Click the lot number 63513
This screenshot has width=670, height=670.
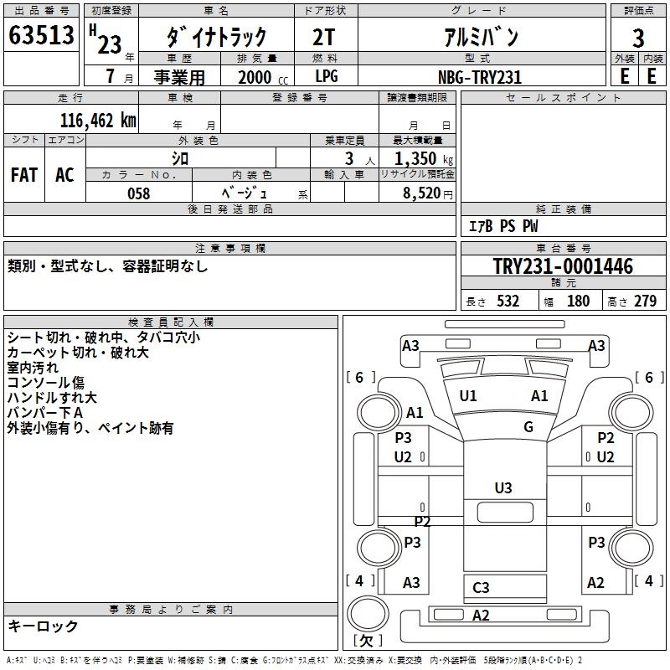(41, 36)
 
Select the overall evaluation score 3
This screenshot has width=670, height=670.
(638, 38)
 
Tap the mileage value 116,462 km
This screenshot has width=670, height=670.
(98, 120)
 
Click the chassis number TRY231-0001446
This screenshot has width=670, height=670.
(563, 266)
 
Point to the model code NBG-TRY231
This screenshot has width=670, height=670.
(481, 77)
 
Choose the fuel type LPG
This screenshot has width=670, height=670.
(327, 77)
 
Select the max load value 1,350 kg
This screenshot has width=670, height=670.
(417, 157)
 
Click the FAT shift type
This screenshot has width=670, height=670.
(23, 174)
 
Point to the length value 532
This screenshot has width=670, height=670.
(507, 301)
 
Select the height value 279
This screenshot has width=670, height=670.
(644, 301)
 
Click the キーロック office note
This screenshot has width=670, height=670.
(43, 626)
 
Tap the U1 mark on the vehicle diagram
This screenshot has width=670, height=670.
(468, 396)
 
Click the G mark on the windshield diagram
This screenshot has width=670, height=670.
(528, 426)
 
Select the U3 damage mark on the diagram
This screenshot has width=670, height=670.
(502, 487)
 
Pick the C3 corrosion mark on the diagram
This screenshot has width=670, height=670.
(481, 588)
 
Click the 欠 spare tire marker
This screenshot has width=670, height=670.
(367, 640)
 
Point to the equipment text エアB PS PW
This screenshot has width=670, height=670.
(503, 226)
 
